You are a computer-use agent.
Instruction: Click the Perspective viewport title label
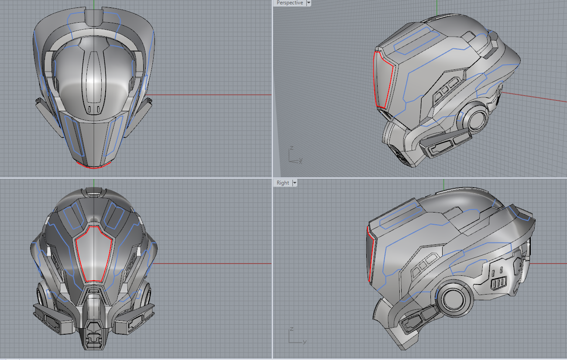pos(289,3)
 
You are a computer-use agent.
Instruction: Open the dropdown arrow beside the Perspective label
pos(309,3)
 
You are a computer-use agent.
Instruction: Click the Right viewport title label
pos(283,183)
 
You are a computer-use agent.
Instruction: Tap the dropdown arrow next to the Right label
pos(295,183)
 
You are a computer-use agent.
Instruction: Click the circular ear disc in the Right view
pos(454,298)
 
